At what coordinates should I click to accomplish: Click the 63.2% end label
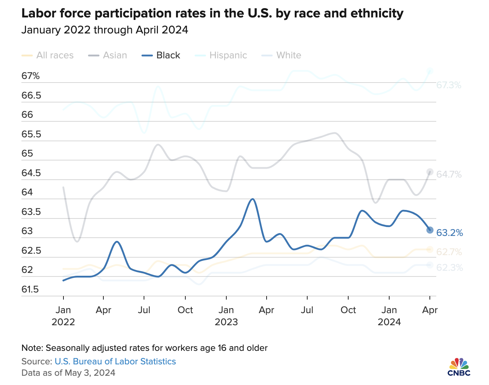(449, 233)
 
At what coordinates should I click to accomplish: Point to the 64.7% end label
(449, 175)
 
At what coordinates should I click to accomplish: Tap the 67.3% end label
(449, 85)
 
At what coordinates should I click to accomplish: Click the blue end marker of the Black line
(430, 230)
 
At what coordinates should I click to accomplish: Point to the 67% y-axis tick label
(30, 76)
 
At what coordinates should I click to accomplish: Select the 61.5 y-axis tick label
(30, 289)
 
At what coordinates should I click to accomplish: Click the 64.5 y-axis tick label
(31, 173)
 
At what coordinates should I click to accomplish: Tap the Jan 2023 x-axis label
(226, 316)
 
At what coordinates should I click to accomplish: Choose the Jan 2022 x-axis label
(63, 316)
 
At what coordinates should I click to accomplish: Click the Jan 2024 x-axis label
(389, 316)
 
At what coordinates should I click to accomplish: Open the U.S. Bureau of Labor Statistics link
(115, 362)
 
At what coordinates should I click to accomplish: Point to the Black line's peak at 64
(253, 199)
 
